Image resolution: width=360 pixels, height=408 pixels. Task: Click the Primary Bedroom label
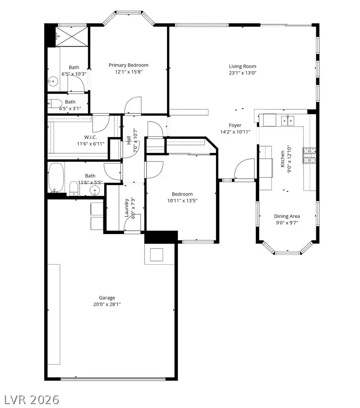pyautogui.click(x=129, y=65)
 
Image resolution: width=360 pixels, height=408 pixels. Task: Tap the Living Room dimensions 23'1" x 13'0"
pyautogui.click(x=242, y=73)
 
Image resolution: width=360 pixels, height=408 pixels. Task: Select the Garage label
pyautogui.click(x=107, y=298)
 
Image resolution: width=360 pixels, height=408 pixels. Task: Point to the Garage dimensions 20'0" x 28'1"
pyautogui.click(x=107, y=304)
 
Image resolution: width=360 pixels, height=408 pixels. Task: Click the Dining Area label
pyautogui.click(x=286, y=216)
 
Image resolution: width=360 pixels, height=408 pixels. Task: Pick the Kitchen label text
pyautogui.click(x=283, y=159)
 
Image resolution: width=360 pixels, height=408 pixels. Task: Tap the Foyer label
pyautogui.click(x=235, y=125)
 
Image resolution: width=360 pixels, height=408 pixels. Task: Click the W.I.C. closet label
pyautogui.click(x=91, y=137)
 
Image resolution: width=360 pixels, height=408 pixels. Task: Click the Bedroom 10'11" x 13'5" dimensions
pyautogui.click(x=182, y=201)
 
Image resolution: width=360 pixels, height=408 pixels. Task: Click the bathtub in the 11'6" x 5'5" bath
pyautogui.click(x=56, y=177)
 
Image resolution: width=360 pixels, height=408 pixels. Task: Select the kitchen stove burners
pyautogui.click(x=309, y=155)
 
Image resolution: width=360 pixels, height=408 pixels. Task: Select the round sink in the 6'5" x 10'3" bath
pyautogui.click(x=53, y=80)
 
